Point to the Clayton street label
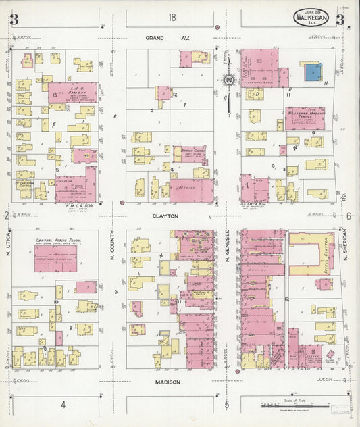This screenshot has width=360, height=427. pyautogui.click(x=165, y=216)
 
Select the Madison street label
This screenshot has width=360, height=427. pyautogui.click(x=168, y=382)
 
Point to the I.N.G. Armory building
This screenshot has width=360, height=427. pyautogui.click(x=72, y=94)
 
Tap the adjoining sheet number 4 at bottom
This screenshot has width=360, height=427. pyautogui.click(x=63, y=405)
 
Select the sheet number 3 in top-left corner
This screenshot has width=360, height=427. pyautogui.click(x=13, y=20)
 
